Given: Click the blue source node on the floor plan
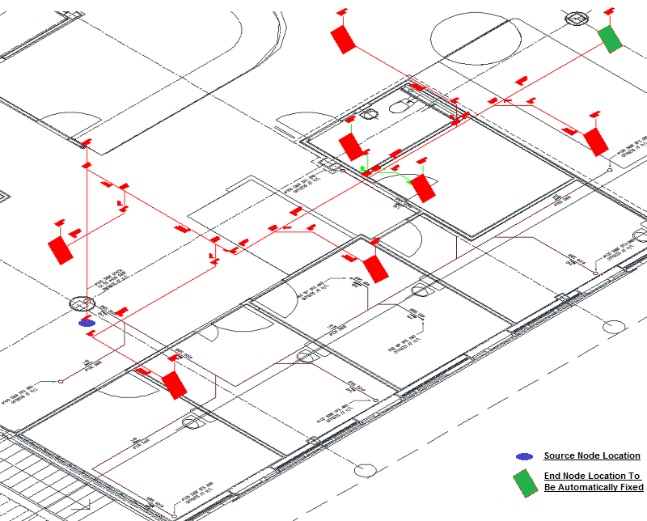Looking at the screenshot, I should coord(87,323).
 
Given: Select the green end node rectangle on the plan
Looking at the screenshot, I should coord(610,39).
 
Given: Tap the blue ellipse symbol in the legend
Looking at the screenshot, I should coord(525,456).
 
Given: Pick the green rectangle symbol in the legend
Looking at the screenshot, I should coord(526,482).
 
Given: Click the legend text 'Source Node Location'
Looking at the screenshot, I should coord(591,456).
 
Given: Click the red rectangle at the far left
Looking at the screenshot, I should coord(60,250).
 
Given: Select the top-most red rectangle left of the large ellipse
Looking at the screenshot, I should coord(344,39).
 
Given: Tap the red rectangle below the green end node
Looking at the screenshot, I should coord(596,142).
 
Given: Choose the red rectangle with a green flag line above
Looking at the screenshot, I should coord(351,146).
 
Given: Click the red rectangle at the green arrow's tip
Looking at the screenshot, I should coord(423,188).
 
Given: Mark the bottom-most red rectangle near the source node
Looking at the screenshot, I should coord(174,384).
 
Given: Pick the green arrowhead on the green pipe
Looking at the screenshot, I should coord(365,171).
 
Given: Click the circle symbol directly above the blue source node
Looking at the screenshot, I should coord(81,304).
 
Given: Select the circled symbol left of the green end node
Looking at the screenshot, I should coord(575,19).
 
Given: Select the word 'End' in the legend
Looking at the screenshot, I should coord(552,477).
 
